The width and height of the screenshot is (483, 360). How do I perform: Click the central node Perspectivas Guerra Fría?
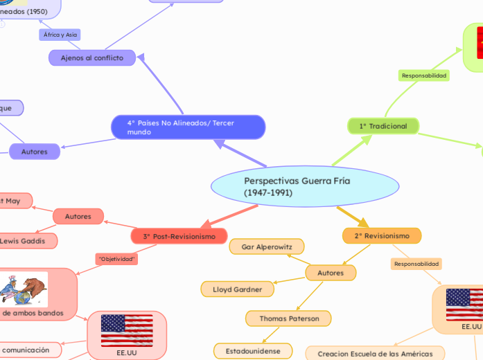click(305, 186)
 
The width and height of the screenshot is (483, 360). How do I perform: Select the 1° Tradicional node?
click(383, 126)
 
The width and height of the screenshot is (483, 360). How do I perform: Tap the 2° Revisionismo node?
click(382, 236)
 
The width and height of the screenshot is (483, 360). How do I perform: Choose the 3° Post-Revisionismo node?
click(179, 236)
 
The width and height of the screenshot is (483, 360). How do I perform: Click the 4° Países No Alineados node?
click(188, 127)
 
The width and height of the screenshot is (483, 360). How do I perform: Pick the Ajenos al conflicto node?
click(91, 58)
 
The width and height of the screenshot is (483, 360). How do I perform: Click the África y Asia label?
click(61, 35)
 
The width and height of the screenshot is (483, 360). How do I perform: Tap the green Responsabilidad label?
click(424, 75)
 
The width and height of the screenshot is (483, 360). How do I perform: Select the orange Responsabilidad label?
click(416, 264)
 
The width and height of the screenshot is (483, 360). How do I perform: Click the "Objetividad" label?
click(117, 259)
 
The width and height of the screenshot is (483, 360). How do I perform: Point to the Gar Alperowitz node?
click(266, 246)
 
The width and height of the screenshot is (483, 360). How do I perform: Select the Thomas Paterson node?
click(288, 318)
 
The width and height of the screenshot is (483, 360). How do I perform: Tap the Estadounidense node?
click(253, 351)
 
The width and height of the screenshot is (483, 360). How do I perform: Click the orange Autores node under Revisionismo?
click(331, 273)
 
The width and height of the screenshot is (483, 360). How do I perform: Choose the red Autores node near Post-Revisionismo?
click(78, 217)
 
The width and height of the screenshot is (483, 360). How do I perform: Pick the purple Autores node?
click(35, 151)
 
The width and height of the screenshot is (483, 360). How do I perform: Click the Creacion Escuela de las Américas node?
click(376, 354)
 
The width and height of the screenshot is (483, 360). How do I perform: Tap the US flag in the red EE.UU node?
click(127, 330)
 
